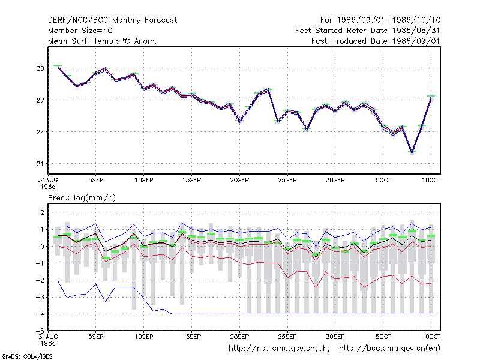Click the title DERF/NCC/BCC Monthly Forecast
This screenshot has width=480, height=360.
point(112,20)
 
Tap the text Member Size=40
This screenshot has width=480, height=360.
point(80,31)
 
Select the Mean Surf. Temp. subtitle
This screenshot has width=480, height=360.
point(102,41)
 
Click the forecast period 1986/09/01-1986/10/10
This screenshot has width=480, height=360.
point(380,20)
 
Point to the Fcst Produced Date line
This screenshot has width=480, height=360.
point(376,41)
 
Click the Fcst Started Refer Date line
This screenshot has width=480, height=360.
point(368,31)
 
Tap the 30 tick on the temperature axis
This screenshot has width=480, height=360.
point(40,68)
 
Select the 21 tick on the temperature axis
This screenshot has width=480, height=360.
point(40,164)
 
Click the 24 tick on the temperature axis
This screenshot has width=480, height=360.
point(40,132)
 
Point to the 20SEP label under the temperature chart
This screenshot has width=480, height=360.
point(239,181)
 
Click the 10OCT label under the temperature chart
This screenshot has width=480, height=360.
point(431,181)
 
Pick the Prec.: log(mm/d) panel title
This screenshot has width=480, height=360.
point(82,198)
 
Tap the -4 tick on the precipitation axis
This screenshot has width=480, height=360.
point(40,314)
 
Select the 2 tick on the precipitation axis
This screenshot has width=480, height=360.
point(42,212)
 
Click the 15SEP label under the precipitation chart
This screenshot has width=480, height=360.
point(191,337)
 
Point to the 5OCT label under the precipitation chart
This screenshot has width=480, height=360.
point(383,337)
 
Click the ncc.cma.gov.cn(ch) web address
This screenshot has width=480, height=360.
point(279,349)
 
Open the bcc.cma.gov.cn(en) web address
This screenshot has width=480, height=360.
point(389,349)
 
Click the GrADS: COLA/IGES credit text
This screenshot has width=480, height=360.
point(27,356)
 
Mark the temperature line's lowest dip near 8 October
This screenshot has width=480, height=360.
point(412,152)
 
